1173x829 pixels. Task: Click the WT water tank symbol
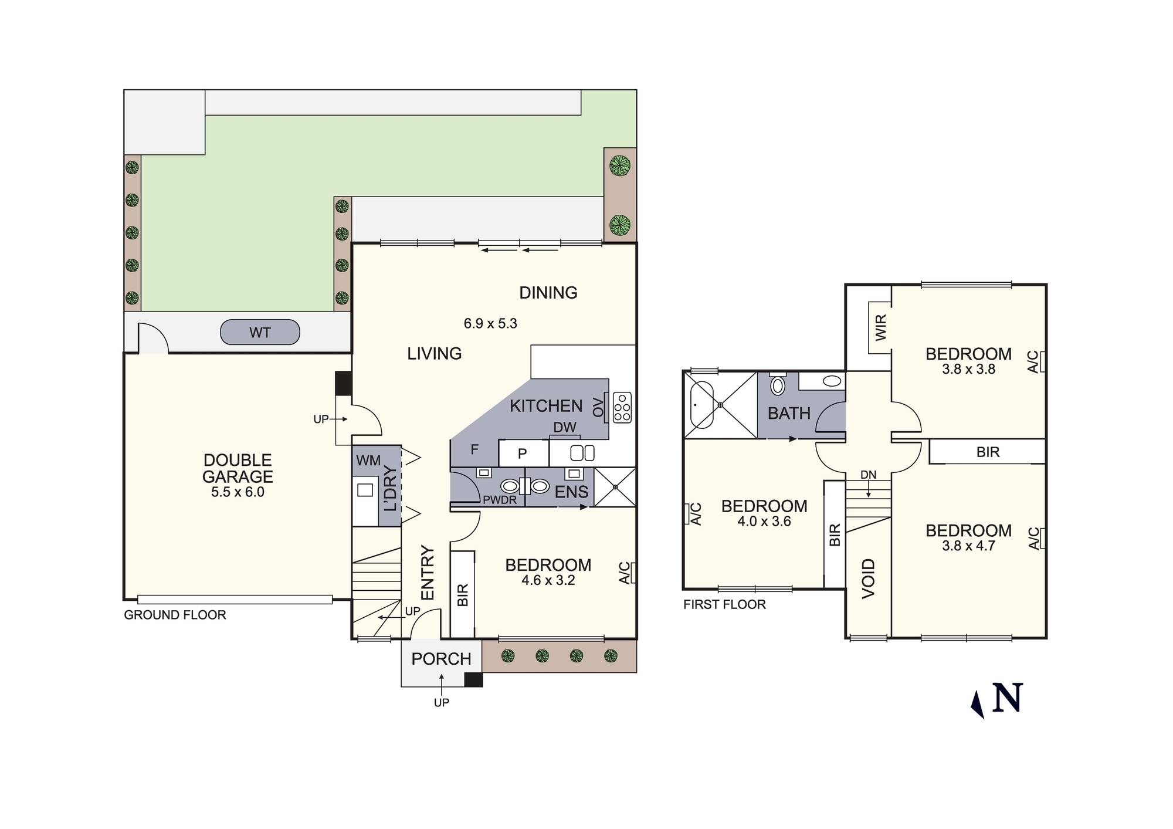coord(260,333)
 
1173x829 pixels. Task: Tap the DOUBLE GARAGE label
coord(238,468)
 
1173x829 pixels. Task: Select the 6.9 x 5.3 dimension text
coord(490,323)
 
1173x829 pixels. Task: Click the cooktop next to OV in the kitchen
coord(622,407)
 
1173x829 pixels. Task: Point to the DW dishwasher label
coord(565,428)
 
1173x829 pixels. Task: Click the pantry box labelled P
coord(523,454)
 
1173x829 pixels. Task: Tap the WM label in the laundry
coord(368,461)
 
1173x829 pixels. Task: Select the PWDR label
coord(500,500)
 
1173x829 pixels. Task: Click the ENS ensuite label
coord(571,492)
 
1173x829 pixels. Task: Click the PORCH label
coord(441,659)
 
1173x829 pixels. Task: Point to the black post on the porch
coord(473,679)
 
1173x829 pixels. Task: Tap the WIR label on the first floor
coord(881,328)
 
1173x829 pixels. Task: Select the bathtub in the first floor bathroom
coord(701,405)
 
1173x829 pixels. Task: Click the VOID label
coord(869,578)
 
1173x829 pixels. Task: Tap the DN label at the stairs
coord(868,475)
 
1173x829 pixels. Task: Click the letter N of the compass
coord(1008,698)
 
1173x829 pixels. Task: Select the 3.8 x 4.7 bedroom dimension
coord(968,546)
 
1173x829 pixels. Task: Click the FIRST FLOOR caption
coord(724,604)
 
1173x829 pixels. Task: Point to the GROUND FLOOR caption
coord(175,615)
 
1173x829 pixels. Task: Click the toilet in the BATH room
coord(778,385)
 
